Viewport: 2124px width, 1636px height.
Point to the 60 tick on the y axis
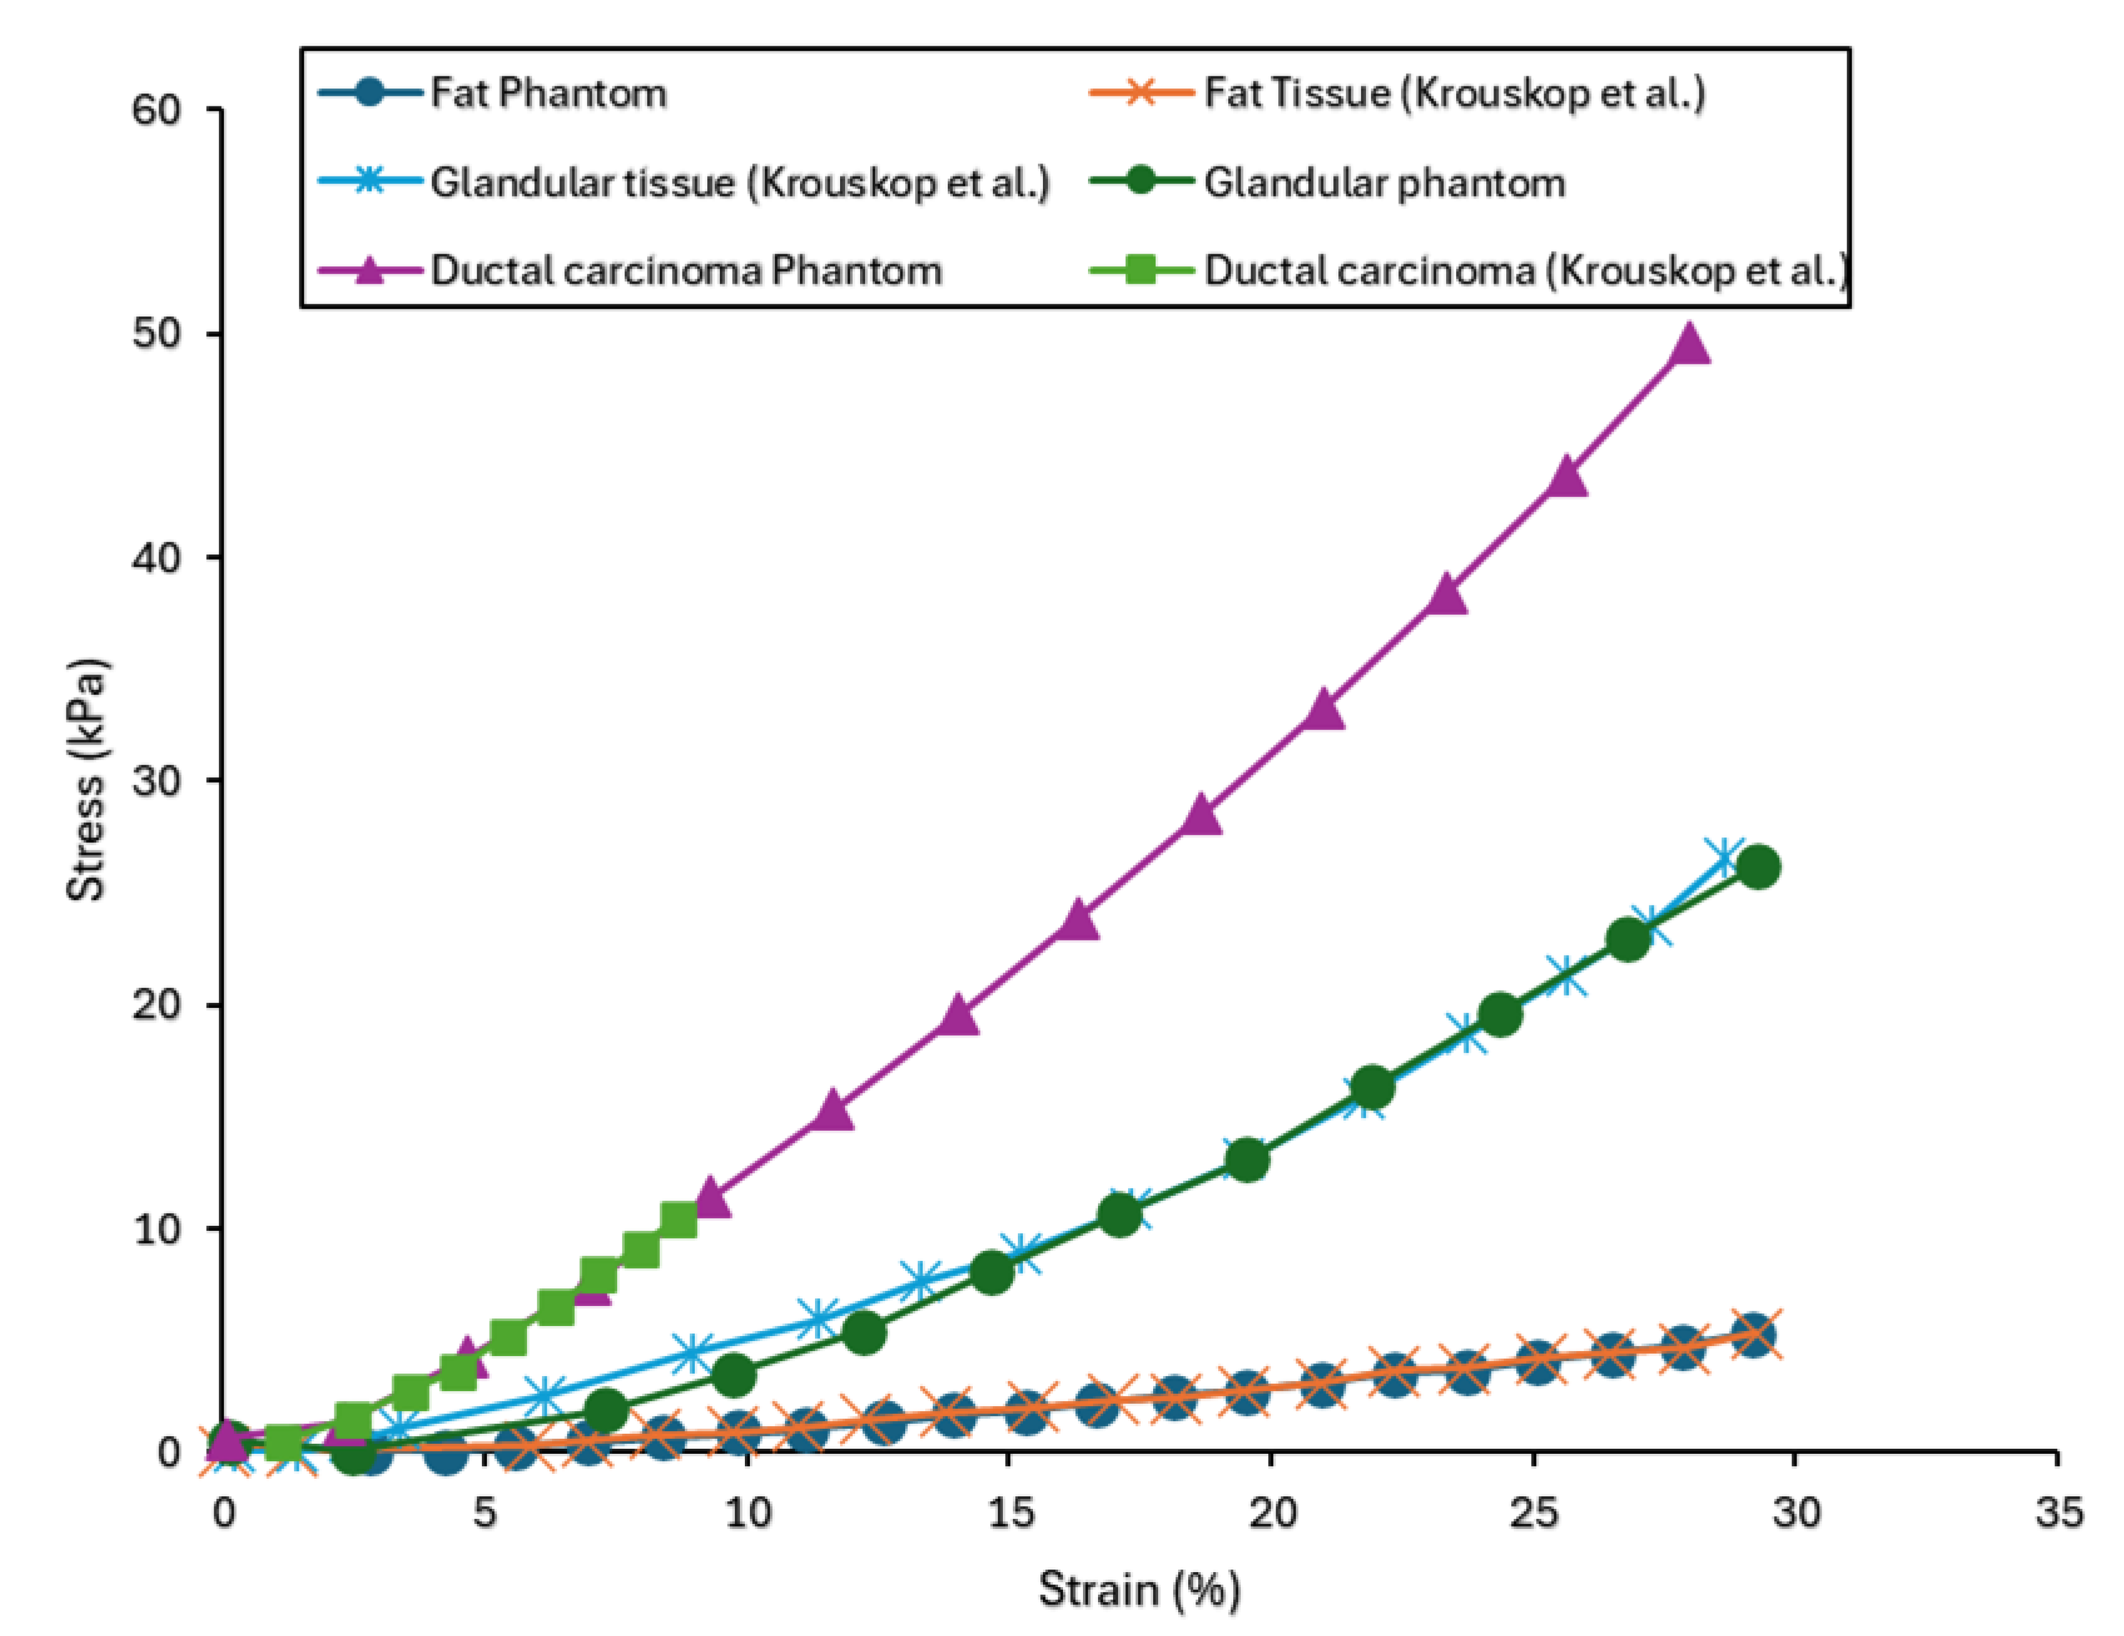156,110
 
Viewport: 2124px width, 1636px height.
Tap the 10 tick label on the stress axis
156,1230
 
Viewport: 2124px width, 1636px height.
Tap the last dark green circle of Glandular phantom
1757,867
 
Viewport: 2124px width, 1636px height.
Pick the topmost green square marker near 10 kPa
679,1220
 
